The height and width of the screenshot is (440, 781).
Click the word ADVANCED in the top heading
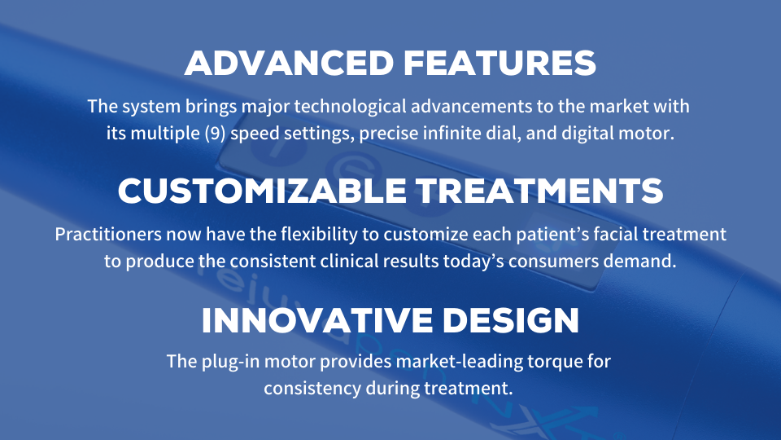point(290,64)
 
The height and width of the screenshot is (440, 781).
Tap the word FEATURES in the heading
point(500,64)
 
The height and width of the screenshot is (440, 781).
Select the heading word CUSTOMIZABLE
point(263,191)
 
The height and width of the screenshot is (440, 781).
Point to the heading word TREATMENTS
point(539,191)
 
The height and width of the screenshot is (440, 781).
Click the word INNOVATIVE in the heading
point(317,321)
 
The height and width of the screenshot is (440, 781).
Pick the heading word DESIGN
point(511,321)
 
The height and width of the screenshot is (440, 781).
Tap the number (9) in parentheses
point(215,134)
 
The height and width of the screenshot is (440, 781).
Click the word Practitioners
point(108,234)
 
